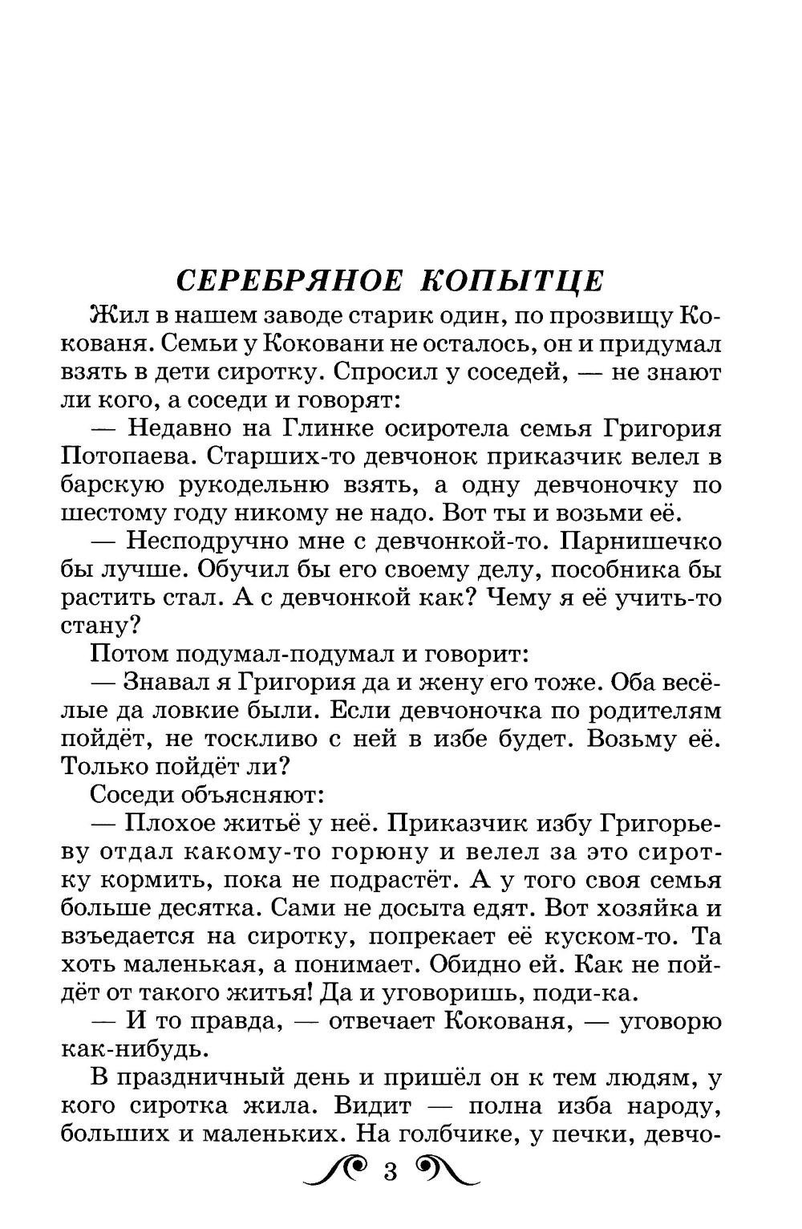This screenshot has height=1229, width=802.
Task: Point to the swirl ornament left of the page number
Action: pyautogui.click(x=338, y=1172)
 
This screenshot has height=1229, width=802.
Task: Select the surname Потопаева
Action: pyautogui.click(x=122, y=456)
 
